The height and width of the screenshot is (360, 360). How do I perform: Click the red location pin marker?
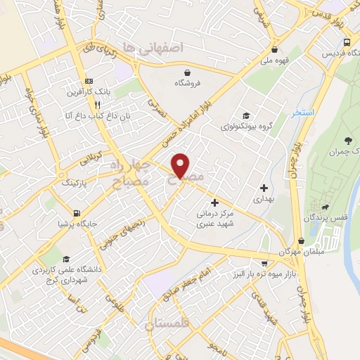click(181, 165)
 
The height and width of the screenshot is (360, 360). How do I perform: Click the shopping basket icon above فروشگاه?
click(187, 72)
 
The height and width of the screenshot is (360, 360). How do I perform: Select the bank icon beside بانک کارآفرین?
click(89, 81)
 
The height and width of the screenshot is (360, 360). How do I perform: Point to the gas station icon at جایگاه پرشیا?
click(76, 213)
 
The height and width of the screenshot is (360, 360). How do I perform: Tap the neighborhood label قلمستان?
click(167, 324)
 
